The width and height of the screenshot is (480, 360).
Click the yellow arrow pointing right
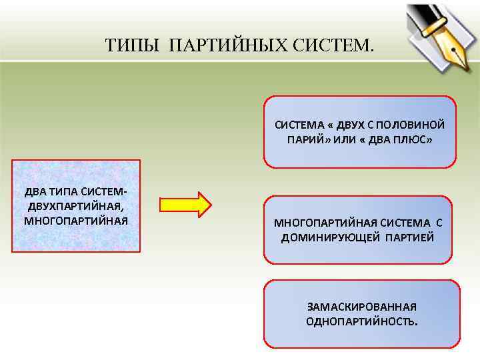pos(185,204)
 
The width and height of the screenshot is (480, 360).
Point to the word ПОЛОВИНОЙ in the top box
pos(417,125)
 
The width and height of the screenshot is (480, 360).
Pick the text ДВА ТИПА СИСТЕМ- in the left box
pos(75,192)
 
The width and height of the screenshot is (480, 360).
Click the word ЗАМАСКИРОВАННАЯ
pos(362,307)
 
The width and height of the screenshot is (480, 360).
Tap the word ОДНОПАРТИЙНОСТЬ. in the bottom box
pos(362,321)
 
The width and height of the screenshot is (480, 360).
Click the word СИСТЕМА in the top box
pos(297,125)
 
